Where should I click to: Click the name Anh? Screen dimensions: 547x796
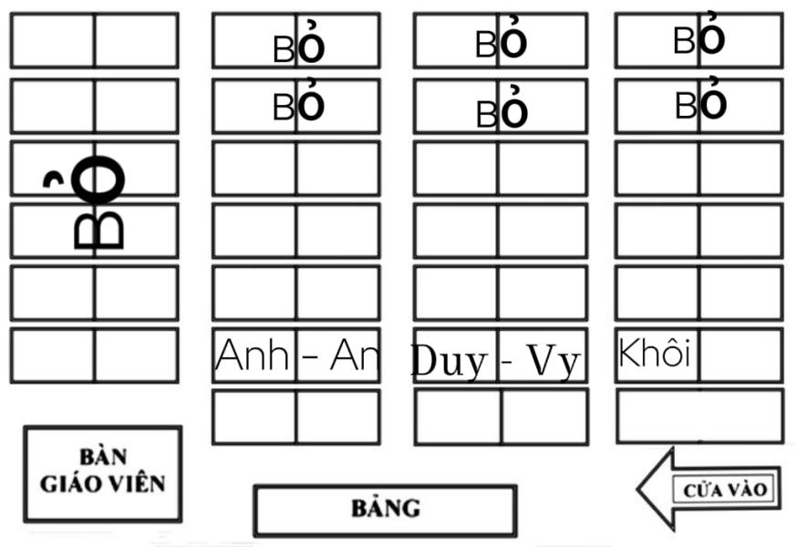tap(252, 356)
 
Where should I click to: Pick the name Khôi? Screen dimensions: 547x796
tap(654, 353)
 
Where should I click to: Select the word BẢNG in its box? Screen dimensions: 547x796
tap(386, 509)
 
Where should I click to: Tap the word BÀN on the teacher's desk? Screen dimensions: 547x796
tap(102, 457)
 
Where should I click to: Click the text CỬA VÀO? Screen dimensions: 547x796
tap(726, 490)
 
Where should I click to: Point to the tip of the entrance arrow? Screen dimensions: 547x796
tap(640, 490)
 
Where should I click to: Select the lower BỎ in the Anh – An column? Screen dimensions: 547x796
tap(299, 107)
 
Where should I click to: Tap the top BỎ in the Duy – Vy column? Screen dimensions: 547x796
tap(501, 43)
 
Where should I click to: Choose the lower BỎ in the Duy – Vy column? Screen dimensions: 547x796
tap(501, 111)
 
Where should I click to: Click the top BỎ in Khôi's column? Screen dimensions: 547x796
tap(699, 39)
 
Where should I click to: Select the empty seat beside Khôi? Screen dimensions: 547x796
tap(740, 355)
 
